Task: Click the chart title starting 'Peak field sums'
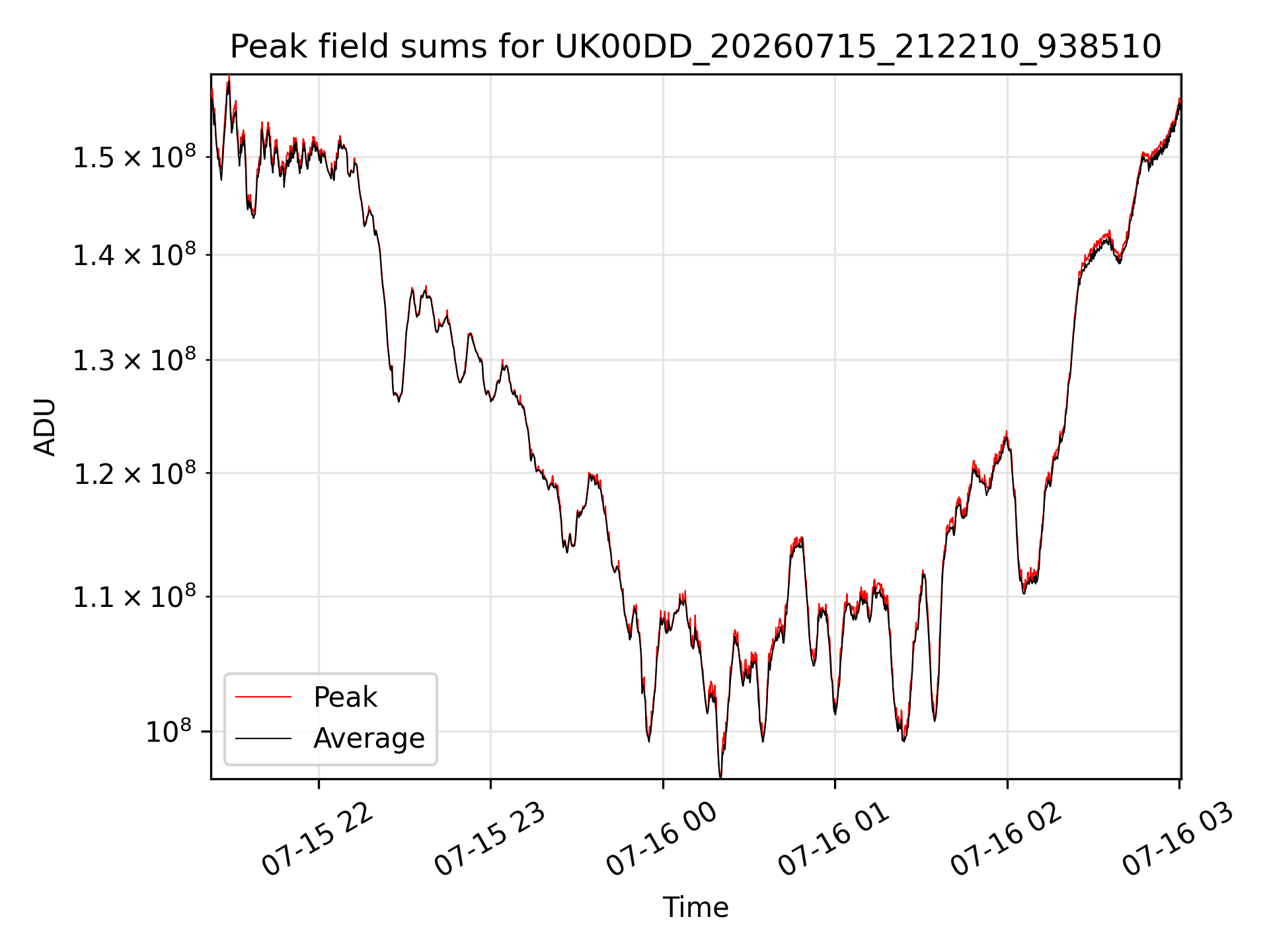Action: point(695,47)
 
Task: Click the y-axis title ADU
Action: point(45,427)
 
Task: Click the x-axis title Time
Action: point(695,907)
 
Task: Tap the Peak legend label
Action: point(345,697)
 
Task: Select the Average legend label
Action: point(369,738)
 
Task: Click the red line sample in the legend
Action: point(263,697)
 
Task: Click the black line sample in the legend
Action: point(263,738)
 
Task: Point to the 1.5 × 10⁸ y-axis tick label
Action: point(134,157)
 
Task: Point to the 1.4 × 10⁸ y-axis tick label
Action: point(134,255)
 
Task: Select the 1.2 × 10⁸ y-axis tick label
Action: point(134,473)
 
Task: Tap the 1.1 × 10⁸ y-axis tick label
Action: point(134,596)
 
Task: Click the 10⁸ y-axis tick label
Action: point(169,731)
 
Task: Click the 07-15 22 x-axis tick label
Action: point(317,839)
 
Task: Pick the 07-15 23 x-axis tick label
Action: point(490,839)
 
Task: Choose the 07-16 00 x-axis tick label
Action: point(662,839)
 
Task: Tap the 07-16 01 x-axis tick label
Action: point(834,839)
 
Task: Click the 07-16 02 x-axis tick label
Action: point(1006,839)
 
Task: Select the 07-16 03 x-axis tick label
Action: point(1178,839)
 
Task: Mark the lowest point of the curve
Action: point(720,777)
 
